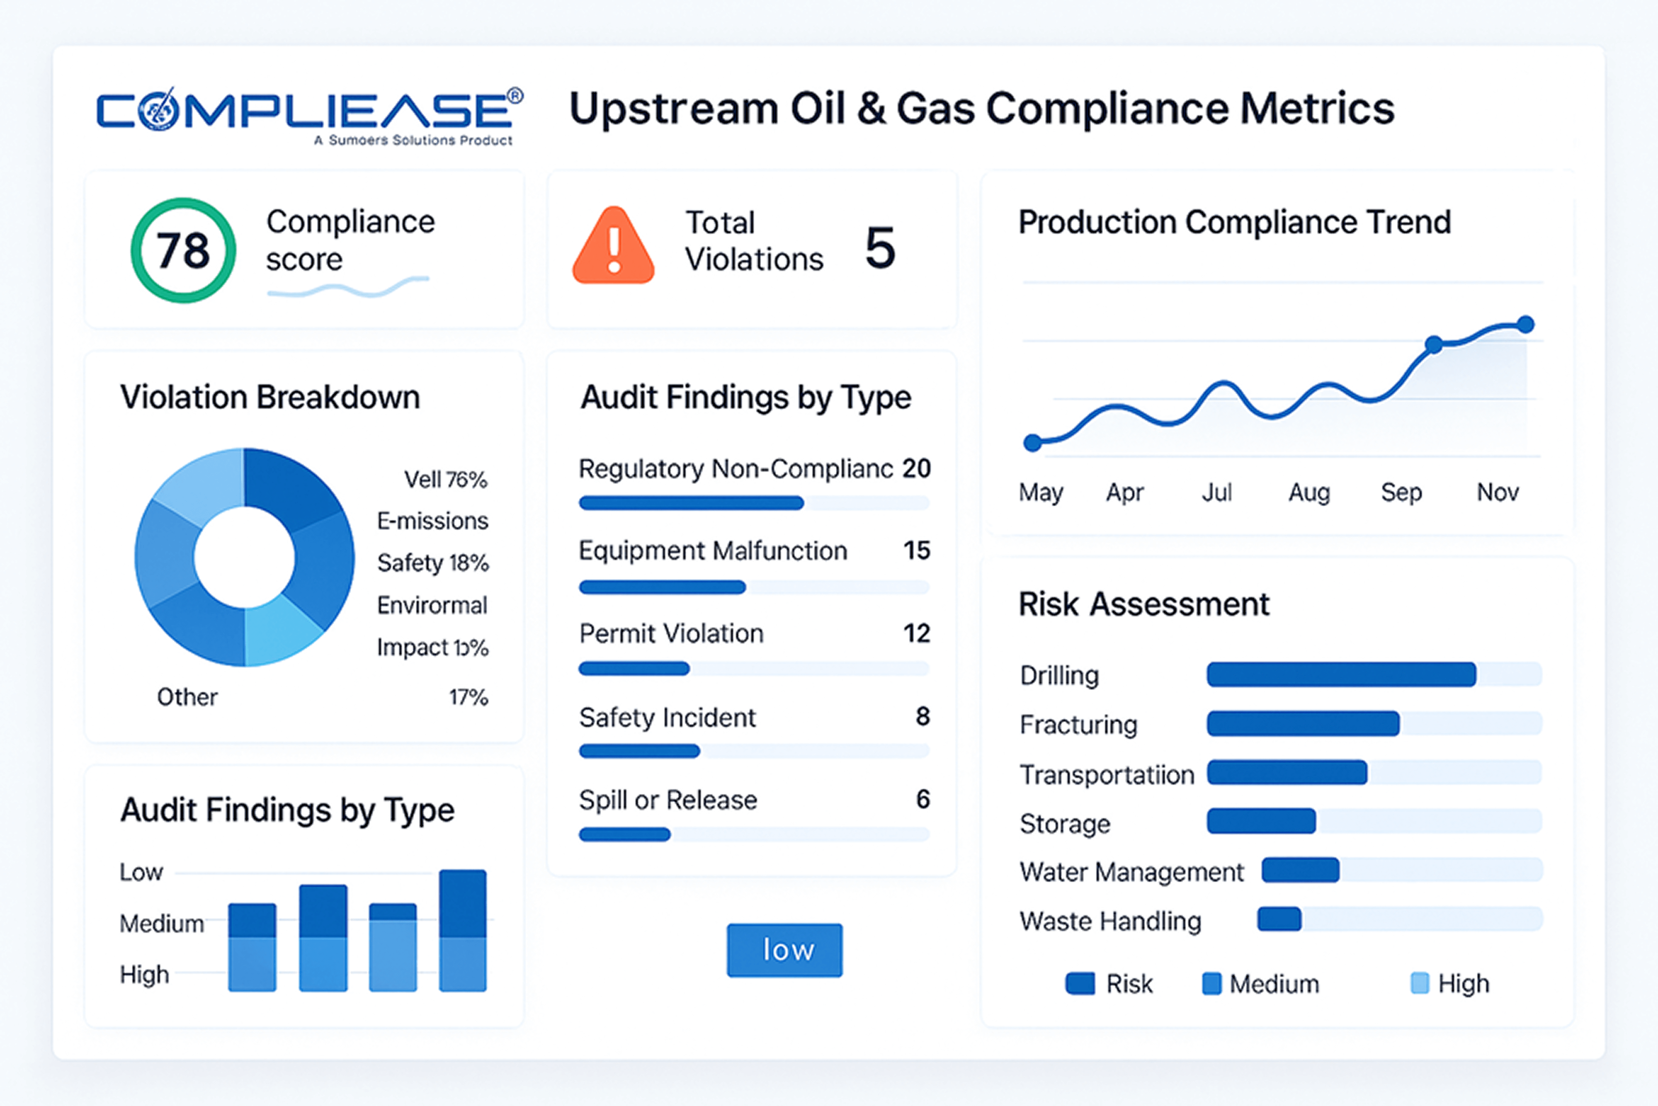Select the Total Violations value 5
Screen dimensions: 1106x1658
point(880,248)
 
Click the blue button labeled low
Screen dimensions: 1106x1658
point(785,950)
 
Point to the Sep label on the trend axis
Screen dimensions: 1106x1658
point(1401,492)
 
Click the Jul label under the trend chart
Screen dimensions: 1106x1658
point(1217,492)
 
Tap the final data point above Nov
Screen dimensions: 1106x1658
point(1525,325)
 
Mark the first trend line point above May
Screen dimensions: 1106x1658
point(1033,443)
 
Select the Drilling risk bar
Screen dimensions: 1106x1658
point(1341,674)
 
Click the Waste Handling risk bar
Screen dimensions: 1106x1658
point(1279,919)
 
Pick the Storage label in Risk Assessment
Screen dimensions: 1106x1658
point(1065,824)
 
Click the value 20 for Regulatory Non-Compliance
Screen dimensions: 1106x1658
point(917,468)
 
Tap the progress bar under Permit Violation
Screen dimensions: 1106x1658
point(634,669)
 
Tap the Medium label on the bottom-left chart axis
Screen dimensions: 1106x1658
point(162,924)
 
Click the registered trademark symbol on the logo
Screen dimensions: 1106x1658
point(515,95)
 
